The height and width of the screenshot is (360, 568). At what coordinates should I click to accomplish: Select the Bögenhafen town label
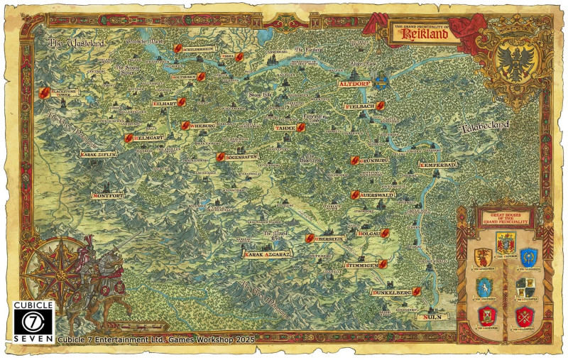(x=241, y=157)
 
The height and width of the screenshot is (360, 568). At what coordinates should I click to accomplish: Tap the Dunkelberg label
(x=391, y=292)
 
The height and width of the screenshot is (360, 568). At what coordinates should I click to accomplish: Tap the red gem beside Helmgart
(x=129, y=138)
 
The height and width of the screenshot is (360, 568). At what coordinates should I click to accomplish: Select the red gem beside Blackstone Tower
(x=43, y=93)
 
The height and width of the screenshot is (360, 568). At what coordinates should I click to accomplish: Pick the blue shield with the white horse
(x=484, y=287)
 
